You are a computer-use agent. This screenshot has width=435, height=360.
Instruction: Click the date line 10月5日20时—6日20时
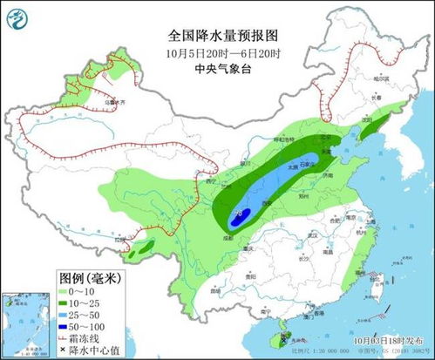[x=223, y=53]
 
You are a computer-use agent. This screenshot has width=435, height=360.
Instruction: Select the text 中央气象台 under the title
[x=223, y=70]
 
